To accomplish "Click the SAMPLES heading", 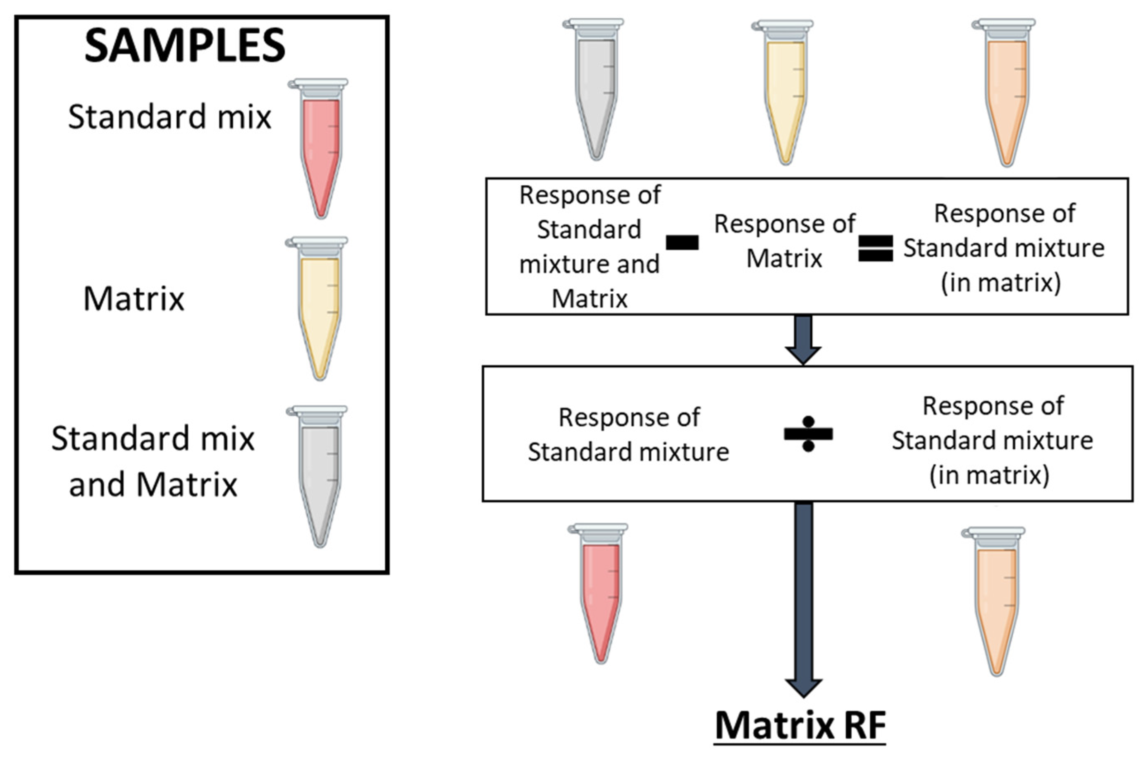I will point(184,46).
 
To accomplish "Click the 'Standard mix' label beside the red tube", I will point(170,117).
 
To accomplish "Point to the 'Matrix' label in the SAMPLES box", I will point(134,299).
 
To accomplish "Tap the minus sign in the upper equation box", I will point(682,242).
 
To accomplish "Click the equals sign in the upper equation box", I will point(875,248).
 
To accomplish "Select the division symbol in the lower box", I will point(808,434).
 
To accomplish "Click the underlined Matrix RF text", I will point(800,726).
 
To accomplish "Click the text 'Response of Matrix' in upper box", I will point(785,241).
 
